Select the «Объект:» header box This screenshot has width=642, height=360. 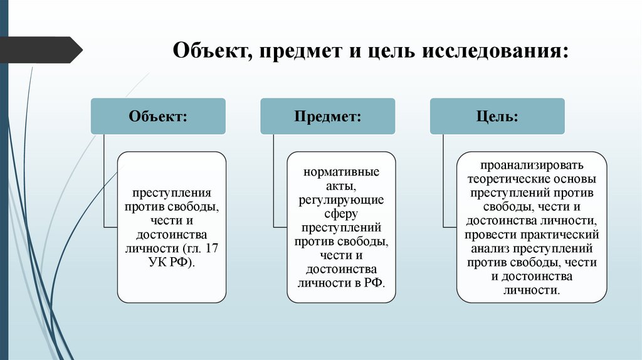158,116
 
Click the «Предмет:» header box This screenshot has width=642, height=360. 327,116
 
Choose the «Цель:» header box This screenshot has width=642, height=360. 497,116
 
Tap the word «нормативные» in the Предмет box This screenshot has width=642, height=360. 341,172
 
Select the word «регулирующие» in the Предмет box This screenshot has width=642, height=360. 341,199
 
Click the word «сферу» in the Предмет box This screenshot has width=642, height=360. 341,213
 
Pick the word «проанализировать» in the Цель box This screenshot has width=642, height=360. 532,166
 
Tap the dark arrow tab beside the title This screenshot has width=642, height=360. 41,50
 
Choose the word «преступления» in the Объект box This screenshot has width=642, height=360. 171,193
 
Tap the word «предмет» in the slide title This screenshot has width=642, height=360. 299,50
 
